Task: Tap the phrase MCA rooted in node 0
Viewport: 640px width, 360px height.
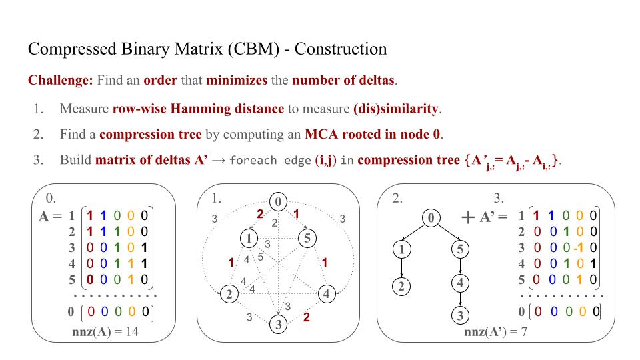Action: [x=373, y=134]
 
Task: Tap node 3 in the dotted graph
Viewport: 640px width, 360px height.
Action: [x=279, y=325]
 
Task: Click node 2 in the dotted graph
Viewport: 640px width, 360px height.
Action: [x=229, y=293]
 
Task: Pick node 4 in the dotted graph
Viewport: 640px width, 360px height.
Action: [x=327, y=293]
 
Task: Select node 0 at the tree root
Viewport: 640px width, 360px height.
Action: [x=431, y=217]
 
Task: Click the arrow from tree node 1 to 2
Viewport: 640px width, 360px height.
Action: [x=401, y=267]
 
